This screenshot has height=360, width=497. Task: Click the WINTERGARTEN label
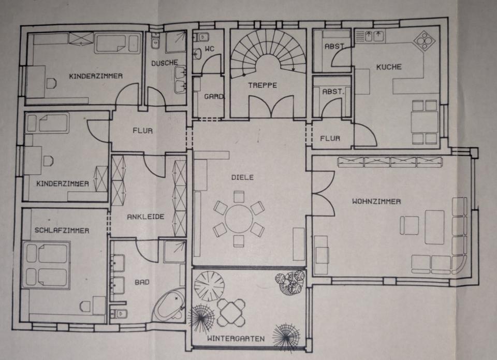pos(236,339)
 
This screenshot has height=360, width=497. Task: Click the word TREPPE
pos(262,85)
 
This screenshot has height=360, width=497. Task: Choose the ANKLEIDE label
pos(145,217)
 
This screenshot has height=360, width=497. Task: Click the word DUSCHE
pos(164,63)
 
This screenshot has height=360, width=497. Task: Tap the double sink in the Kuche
pos(371,36)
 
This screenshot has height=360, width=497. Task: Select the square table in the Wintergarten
pos(230,313)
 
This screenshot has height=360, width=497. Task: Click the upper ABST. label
pos(334,47)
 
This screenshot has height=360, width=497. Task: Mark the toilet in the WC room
pos(203,37)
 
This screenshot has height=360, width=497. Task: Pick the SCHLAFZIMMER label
pos(62,230)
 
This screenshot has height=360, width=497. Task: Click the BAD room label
pos(142,282)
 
